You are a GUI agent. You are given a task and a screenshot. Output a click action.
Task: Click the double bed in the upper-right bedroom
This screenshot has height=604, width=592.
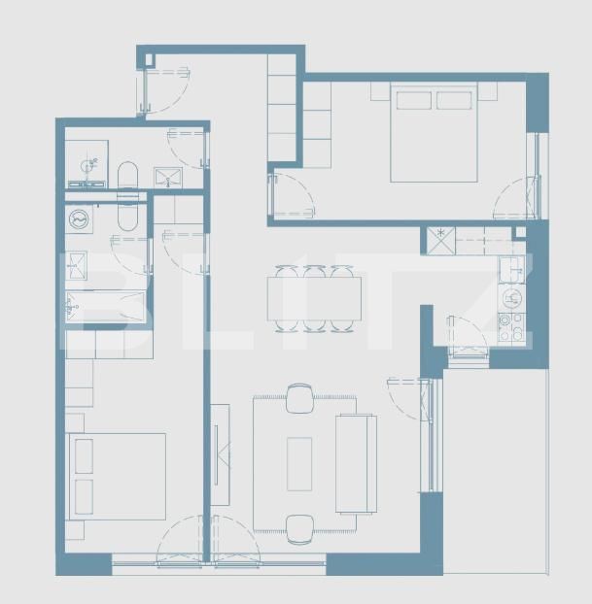coord(434,136)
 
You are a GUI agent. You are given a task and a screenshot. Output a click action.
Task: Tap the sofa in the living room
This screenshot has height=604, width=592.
coord(355,463)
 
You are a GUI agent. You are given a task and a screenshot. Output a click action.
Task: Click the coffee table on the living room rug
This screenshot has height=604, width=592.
coord(299,463)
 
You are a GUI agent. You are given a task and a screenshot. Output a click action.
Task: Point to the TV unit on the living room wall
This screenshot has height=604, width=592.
coord(221,454)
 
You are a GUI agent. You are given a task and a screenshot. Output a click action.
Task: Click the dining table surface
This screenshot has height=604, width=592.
coord(314,298)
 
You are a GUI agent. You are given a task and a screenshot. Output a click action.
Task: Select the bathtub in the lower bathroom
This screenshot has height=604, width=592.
coord(105,308)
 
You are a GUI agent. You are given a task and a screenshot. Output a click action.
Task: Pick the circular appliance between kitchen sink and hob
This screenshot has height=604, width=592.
coord(512,297)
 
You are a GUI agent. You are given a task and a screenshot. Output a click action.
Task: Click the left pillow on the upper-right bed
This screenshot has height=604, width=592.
coord(412,100)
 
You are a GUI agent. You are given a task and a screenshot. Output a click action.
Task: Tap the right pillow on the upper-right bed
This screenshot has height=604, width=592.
coord(454,100)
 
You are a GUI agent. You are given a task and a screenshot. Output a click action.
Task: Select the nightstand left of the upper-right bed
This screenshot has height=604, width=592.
coord(380,91)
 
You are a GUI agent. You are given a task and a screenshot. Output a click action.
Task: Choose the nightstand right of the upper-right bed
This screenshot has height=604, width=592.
coord(487,91)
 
